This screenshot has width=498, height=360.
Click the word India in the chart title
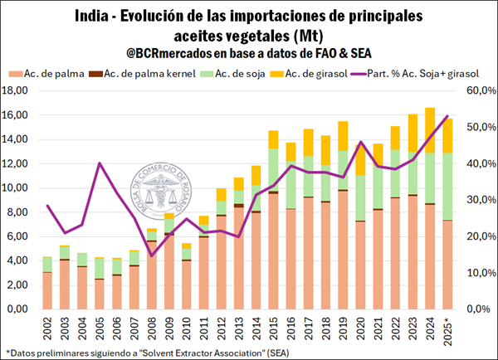[x=92, y=16]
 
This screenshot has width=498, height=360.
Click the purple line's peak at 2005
[x=100, y=163]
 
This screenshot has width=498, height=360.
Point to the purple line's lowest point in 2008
[x=152, y=255]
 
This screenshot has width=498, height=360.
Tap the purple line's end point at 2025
[x=449, y=116]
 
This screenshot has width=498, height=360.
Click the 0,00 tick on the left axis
[x=21, y=309]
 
